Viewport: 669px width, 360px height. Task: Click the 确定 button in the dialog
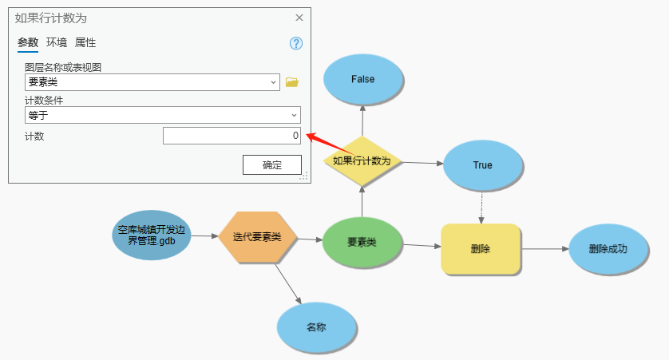272,164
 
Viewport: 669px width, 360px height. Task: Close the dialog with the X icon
299,18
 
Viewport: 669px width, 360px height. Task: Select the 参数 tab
28,43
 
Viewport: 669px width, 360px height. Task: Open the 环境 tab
57,43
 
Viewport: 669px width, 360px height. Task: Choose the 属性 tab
85,43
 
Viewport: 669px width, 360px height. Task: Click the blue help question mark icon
296,44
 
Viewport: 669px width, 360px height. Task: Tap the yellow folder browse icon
292,81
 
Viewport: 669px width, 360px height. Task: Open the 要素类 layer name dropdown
273,81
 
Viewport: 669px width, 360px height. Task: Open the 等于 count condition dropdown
294,115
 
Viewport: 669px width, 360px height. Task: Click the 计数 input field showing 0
232,136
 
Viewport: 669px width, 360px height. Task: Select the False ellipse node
363,80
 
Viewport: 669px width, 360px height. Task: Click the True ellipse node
482,165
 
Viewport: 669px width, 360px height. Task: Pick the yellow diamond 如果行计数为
362,160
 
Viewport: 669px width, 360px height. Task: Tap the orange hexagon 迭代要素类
258,237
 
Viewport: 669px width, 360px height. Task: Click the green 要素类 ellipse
362,241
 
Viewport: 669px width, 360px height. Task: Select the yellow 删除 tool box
481,249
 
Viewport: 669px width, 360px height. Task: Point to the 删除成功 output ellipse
608,248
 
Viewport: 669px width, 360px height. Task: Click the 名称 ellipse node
316,327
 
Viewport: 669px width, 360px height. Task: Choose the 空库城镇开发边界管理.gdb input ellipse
152,235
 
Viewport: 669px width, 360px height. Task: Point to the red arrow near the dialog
329,143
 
